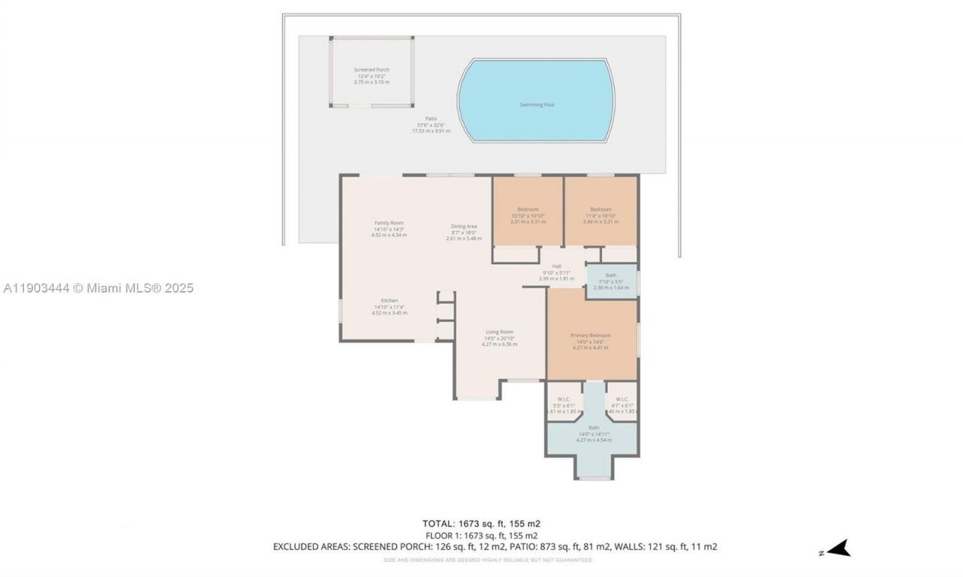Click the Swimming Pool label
tap(536, 105)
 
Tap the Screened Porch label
tap(372, 70)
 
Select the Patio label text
tap(430, 118)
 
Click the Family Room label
tap(389, 223)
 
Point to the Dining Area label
tap(464, 226)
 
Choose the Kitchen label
tap(389, 300)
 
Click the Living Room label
tap(499, 332)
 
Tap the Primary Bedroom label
tap(590, 336)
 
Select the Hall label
tap(557, 266)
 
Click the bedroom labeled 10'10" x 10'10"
tap(527, 209)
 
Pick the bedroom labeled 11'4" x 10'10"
tap(600, 209)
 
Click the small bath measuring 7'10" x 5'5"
tap(610, 275)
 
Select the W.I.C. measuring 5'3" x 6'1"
tap(564, 399)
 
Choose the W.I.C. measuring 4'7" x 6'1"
tap(622, 399)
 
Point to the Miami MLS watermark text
tap(98, 288)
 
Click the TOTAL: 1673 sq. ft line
tap(481, 524)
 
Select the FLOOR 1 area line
tap(481, 535)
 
